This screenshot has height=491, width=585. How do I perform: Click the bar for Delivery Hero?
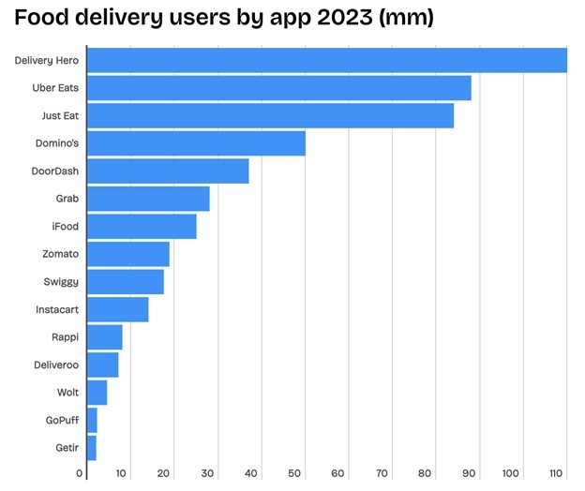click(x=326, y=61)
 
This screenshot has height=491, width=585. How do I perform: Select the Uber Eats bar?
click(x=278, y=88)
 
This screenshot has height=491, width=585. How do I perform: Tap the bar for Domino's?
click(x=196, y=143)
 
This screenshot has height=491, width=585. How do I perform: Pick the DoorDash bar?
click(x=168, y=171)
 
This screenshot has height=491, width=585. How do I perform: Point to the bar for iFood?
click(x=142, y=226)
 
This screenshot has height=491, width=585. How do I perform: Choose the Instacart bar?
click(x=117, y=309)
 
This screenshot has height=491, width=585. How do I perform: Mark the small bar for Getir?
click(x=91, y=447)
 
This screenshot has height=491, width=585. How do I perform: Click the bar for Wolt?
click(x=97, y=392)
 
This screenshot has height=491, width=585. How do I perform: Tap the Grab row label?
click(x=67, y=199)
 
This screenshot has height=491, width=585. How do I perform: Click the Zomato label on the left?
click(x=60, y=254)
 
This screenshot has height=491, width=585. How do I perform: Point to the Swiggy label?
click(x=61, y=282)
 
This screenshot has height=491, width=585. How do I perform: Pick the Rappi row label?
click(x=65, y=336)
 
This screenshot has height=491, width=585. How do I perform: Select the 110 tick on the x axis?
click(x=557, y=474)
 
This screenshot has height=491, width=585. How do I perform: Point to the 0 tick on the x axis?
click(x=80, y=474)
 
